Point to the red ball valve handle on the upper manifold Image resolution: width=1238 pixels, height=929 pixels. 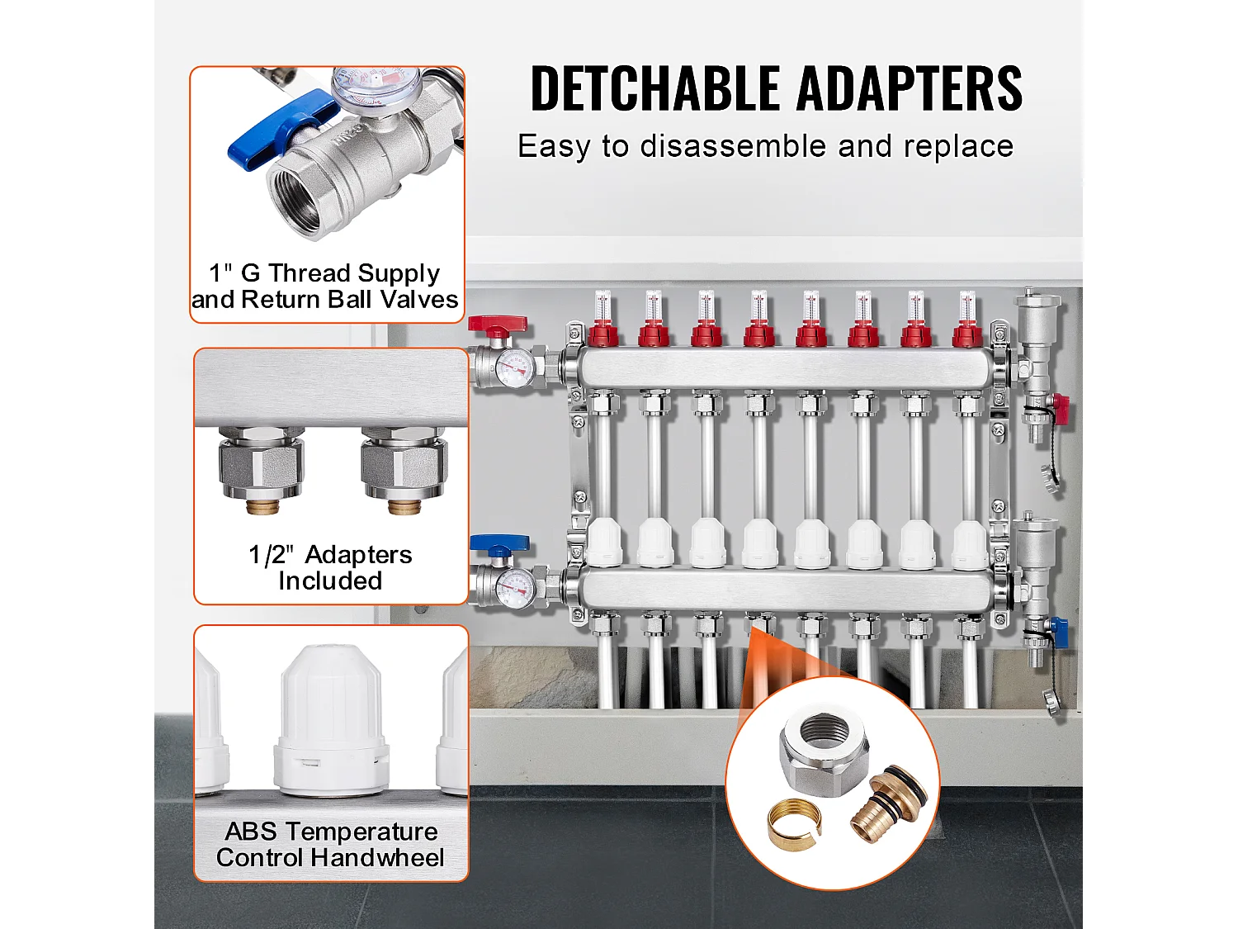coord(496,325)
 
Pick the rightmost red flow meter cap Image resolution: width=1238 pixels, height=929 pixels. coord(968,334)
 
